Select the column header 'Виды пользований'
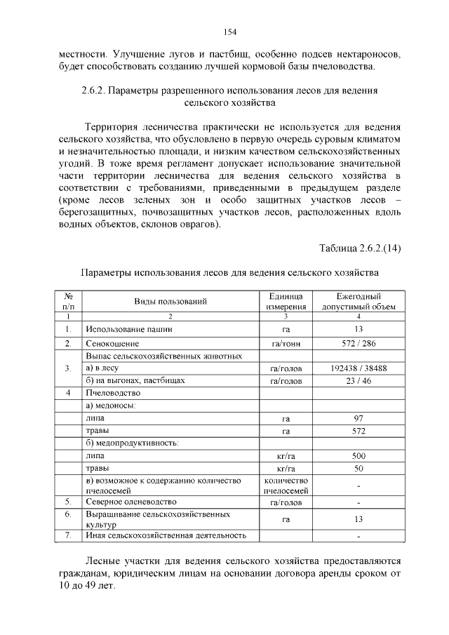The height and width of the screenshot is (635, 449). coord(170,302)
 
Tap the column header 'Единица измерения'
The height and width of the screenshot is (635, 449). coord(285,302)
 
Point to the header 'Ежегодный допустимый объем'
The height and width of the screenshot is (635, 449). coord(358,302)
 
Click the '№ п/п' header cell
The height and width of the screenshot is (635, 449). coord(68,302)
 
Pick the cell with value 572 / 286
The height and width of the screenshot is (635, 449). coord(358,344)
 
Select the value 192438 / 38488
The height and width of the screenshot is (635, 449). coord(358,368)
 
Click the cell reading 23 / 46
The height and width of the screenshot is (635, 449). coord(358,380)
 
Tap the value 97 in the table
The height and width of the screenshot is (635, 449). coord(358,418)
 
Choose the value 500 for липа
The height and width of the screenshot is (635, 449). coord(358,455)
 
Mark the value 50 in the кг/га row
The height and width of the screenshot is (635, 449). coord(358,468)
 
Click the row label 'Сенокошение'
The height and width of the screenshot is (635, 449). coord(112,344)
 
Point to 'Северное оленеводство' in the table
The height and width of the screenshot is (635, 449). coord(131,502)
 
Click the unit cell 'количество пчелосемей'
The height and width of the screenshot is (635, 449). coord(285,486)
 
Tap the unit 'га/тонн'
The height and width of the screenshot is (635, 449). coord(285,344)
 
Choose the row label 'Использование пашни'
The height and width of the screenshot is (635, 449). coord(128,328)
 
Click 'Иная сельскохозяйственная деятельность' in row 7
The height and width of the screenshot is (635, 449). coord(166,535)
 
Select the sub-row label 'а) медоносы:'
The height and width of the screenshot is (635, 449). coord(111,406)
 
